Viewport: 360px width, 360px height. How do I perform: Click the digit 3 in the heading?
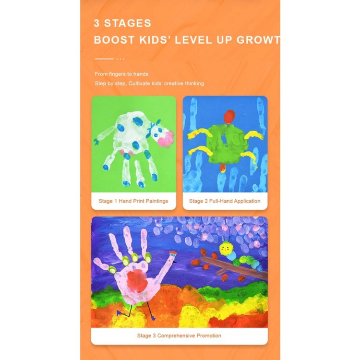(x=97, y=23)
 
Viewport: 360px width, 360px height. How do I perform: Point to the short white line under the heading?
(x=104, y=59)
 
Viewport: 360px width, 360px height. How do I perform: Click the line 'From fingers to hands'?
(x=121, y=74)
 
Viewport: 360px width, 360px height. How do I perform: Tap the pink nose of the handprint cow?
(x=166, y=139)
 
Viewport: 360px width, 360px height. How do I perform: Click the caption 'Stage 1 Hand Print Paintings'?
(x=133, y=201)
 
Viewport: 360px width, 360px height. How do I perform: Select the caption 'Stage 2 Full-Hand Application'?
(x=225, y=201)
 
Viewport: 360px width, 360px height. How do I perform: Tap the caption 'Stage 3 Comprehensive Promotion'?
(x=179, y=336)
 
